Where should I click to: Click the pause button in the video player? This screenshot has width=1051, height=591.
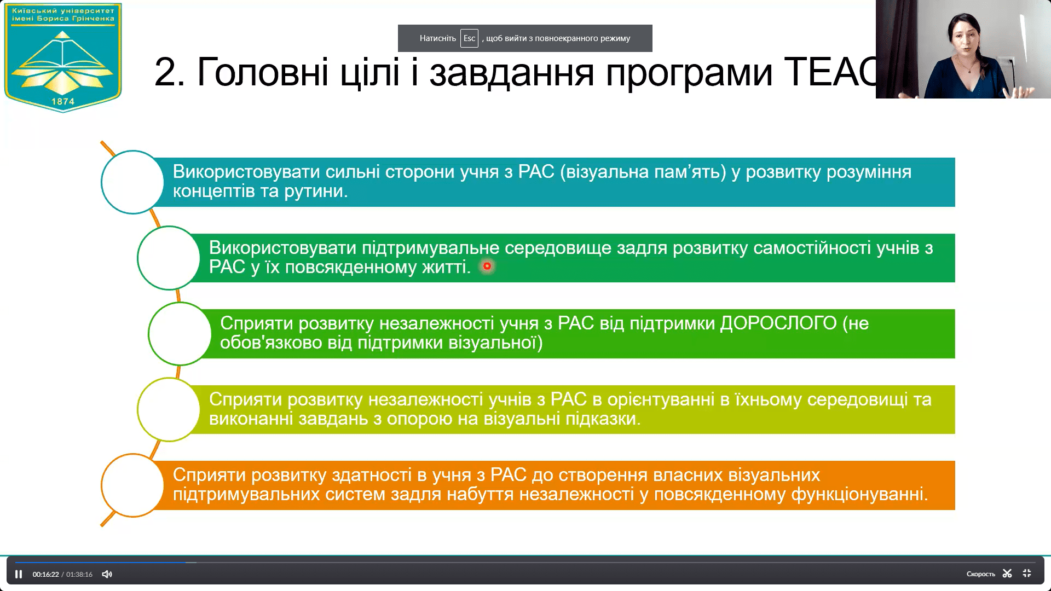tap(19, 574)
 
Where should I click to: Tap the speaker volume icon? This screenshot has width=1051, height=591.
tap(107, 574)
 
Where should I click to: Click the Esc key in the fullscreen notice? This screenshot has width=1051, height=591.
tap(469, 38)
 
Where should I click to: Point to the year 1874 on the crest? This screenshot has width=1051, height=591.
tap(63, 101)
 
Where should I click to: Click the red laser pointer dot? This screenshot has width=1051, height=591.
tap(487, 266)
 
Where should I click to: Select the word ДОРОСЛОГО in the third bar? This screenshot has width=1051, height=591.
tap(778, 323)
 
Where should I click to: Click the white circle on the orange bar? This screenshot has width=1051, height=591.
tap(132, 485)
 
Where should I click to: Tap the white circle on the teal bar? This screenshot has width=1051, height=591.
tap(132, 182)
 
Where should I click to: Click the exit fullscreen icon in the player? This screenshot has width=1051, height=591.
tap(1027, 573)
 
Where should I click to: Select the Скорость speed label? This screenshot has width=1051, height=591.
tap(980, 574)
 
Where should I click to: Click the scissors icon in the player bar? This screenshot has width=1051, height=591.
tap(1007, 573)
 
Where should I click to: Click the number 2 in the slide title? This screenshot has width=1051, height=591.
tap(165, 72)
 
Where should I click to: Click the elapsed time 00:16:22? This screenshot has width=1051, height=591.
tap(45, 574)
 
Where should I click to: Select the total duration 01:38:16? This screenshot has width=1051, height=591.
tap(79, 574)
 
